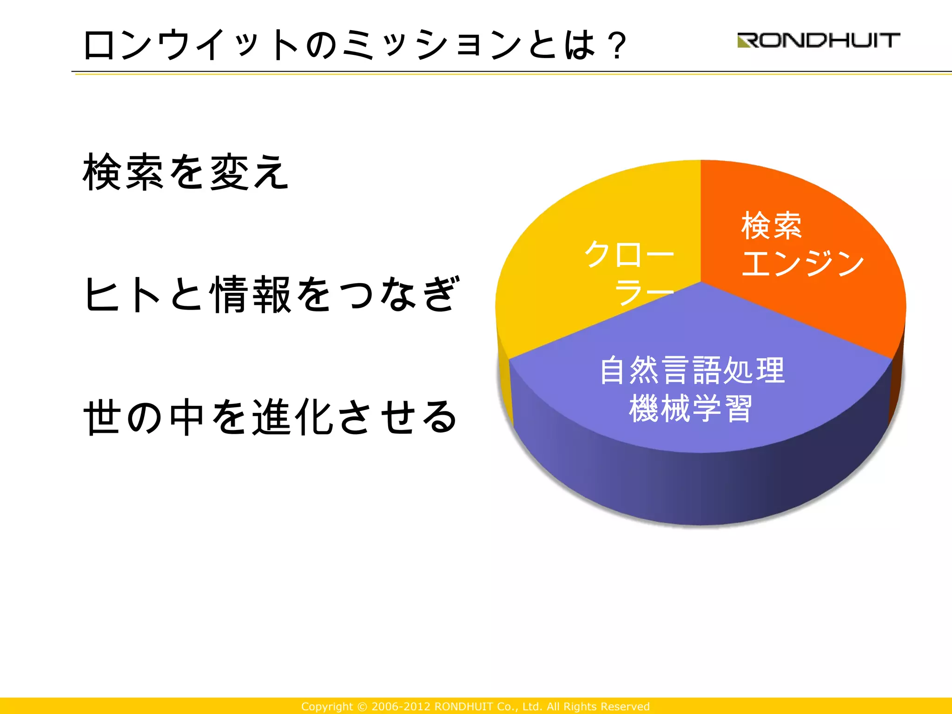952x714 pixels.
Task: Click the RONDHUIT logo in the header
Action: point(819,40)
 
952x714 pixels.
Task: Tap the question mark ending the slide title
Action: point(617,45)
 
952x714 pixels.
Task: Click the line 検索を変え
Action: point(186,172)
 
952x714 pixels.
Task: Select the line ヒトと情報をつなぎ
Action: point(272,294)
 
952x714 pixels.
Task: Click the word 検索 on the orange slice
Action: point(772,226)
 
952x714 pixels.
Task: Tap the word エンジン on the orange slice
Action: point(803,263)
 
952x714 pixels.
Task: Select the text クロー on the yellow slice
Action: point(628,254)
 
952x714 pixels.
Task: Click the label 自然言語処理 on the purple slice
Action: point(692,370)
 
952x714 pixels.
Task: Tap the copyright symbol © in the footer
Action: point(362,707)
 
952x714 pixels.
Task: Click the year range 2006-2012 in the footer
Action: point(401,707)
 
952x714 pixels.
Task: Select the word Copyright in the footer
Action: point(327,707)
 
